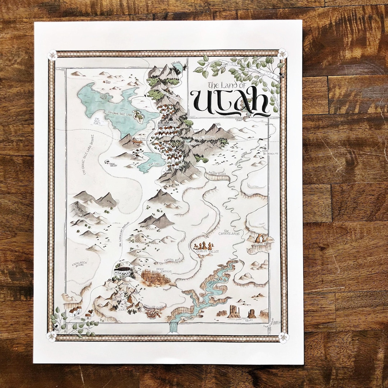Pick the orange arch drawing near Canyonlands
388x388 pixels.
(x=260, y=238)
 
